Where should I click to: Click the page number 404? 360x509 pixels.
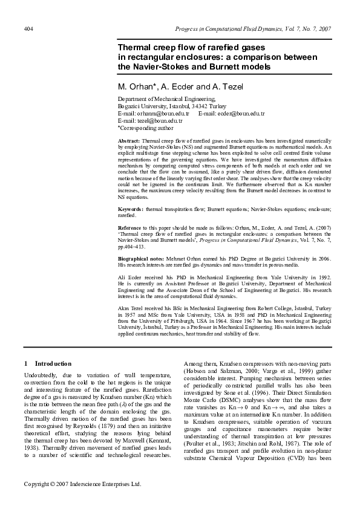coord(28,29)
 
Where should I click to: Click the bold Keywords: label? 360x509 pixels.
coord(131,209)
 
